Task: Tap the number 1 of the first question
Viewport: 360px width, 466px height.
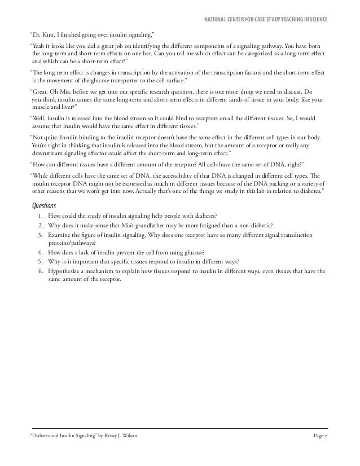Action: coord(40,217)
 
